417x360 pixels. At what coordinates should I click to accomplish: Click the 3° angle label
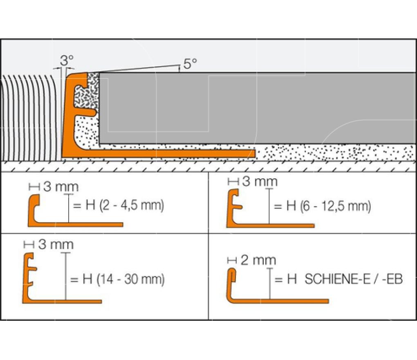click(67, 61)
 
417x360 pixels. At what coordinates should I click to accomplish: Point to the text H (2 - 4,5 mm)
click(125, 205)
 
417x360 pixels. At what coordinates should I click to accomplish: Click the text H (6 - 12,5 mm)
click(328, 206)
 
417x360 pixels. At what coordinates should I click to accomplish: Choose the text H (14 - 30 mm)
click(123, 279)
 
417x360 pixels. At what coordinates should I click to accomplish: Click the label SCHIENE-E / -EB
click(354, 279)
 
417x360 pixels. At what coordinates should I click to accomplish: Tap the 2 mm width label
click(258, 260)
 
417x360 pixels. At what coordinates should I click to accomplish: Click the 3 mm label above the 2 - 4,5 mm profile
click(61, 187)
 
